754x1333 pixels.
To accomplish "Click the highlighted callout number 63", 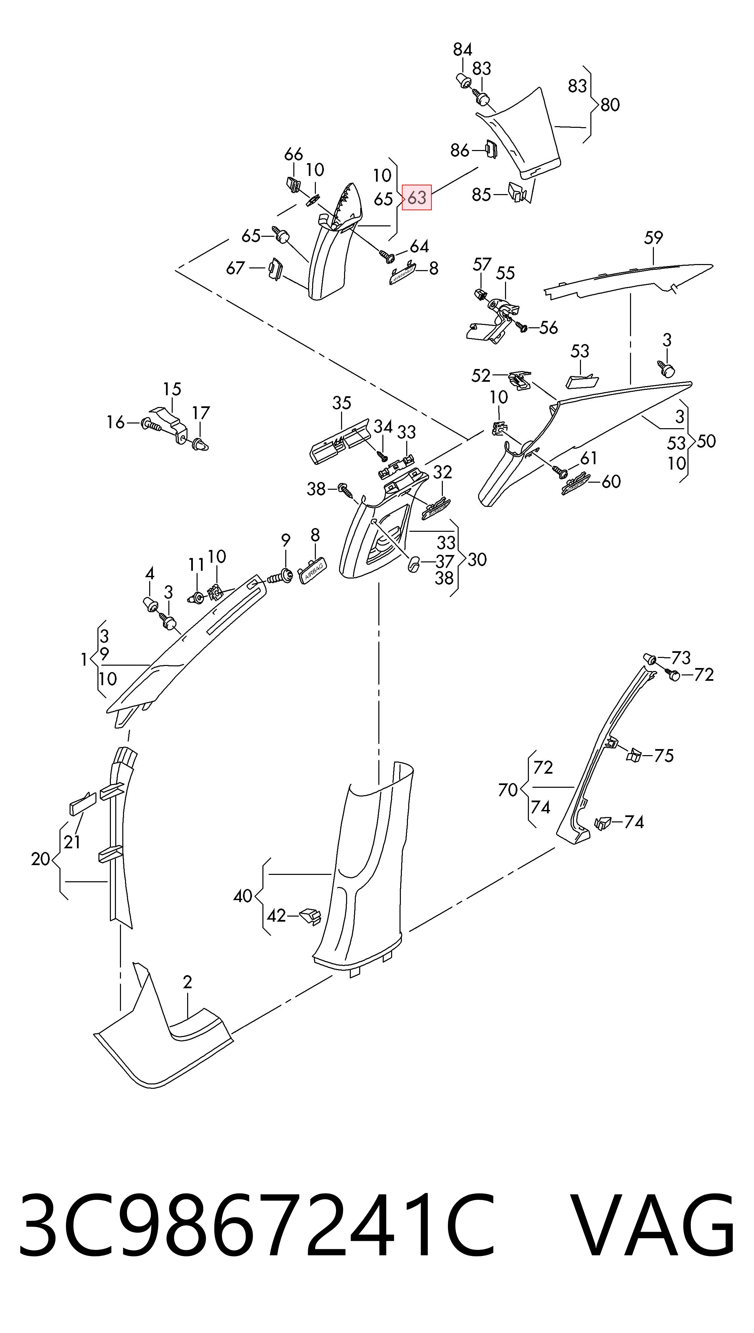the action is click(417, 197).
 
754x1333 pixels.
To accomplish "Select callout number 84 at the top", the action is click(462, 50).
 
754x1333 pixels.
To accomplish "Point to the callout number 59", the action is click(654, 238).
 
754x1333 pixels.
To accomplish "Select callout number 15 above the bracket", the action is click(172, 389).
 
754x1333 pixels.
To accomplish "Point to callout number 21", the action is click(72, 842).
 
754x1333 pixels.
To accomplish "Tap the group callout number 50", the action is click(706, 442).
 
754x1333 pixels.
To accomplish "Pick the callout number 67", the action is click(235, 268).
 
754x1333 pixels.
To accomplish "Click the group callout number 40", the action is click(242, 896).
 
